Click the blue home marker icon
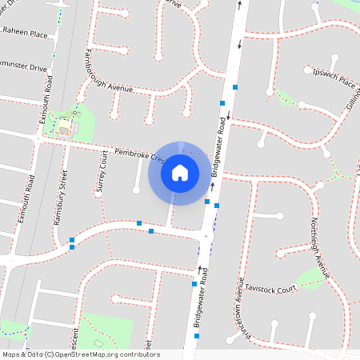(180, 173)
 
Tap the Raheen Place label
(26, 34)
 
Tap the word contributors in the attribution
(142, 354)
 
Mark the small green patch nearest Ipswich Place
(286, 98)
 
